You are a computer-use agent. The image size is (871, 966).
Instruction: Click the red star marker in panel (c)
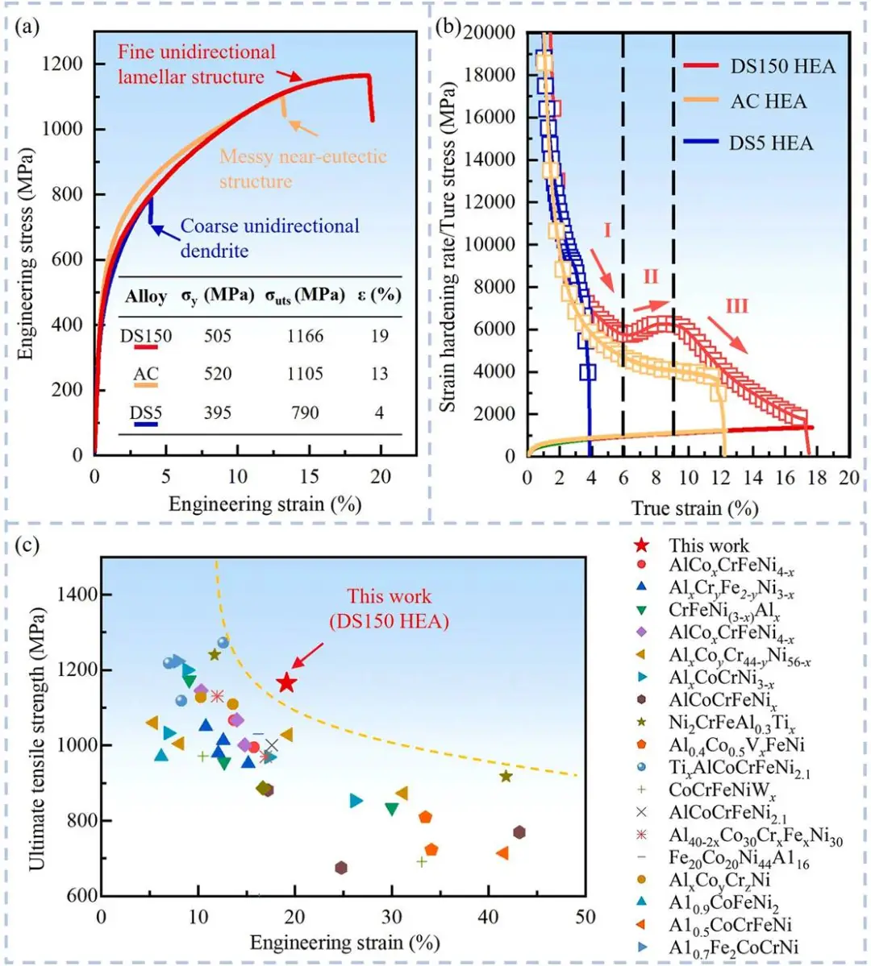click(285, 683)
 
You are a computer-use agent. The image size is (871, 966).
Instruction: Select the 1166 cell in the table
click(305, 336)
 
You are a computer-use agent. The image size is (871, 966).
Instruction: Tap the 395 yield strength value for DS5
click(218, 413)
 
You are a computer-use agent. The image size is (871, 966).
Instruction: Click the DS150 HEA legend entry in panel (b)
click(782, 66)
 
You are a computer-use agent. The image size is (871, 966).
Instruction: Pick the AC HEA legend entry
click(768, 102)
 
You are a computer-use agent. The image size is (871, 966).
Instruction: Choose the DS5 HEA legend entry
click(771, 143)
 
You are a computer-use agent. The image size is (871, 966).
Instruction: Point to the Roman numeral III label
click(736, 306)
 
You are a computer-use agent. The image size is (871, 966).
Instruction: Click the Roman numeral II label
click(651, 278)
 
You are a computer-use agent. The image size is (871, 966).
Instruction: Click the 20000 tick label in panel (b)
click(489, 32)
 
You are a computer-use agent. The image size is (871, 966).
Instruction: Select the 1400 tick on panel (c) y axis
click(77, 595)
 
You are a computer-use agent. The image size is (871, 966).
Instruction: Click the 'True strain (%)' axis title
click(694, 508)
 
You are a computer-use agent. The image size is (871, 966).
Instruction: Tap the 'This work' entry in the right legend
click(708, 546)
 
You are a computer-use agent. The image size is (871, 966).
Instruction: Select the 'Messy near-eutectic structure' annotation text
click(303, 168)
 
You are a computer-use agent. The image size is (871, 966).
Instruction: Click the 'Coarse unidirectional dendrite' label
click(269, 238)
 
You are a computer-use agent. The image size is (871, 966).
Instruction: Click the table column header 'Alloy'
click(146, 296)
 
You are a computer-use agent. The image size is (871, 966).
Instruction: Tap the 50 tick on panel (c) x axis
click(586, 917)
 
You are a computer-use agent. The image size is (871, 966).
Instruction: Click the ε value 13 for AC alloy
click(380, 374)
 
